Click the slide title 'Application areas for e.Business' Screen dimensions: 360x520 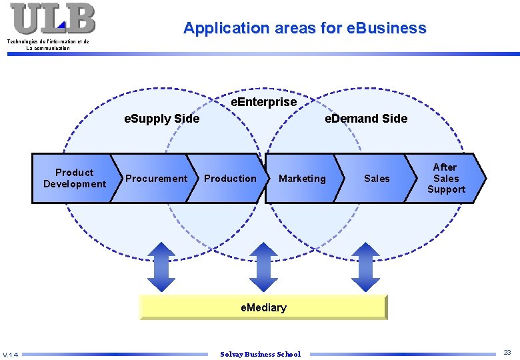(x=305, y=28)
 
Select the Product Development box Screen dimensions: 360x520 (x=74, y=178)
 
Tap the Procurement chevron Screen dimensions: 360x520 (x=156, y=178)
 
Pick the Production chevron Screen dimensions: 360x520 (x=230, y=178)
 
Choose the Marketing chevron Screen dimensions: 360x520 (x=303, y=178)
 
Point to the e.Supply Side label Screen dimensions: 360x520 (x=163, y=119)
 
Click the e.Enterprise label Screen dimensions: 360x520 (x=263, y=102)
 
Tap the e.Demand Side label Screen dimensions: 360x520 (x=365, y=119)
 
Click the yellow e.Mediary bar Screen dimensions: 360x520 (x=263, y=307)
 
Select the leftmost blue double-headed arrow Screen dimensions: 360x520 (x=160, y=266)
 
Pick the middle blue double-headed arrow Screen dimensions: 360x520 (x=263, y=266)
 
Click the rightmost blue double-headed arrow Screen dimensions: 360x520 (x=365, y=266)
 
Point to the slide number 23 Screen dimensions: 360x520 (x=507, y=352)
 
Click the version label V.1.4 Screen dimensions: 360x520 (x=11, y=354)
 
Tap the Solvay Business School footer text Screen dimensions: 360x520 (x=260, y=354)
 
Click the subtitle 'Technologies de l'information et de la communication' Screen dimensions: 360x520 (x=47, y=45)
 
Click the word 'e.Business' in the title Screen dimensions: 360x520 (x=387, y=28)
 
